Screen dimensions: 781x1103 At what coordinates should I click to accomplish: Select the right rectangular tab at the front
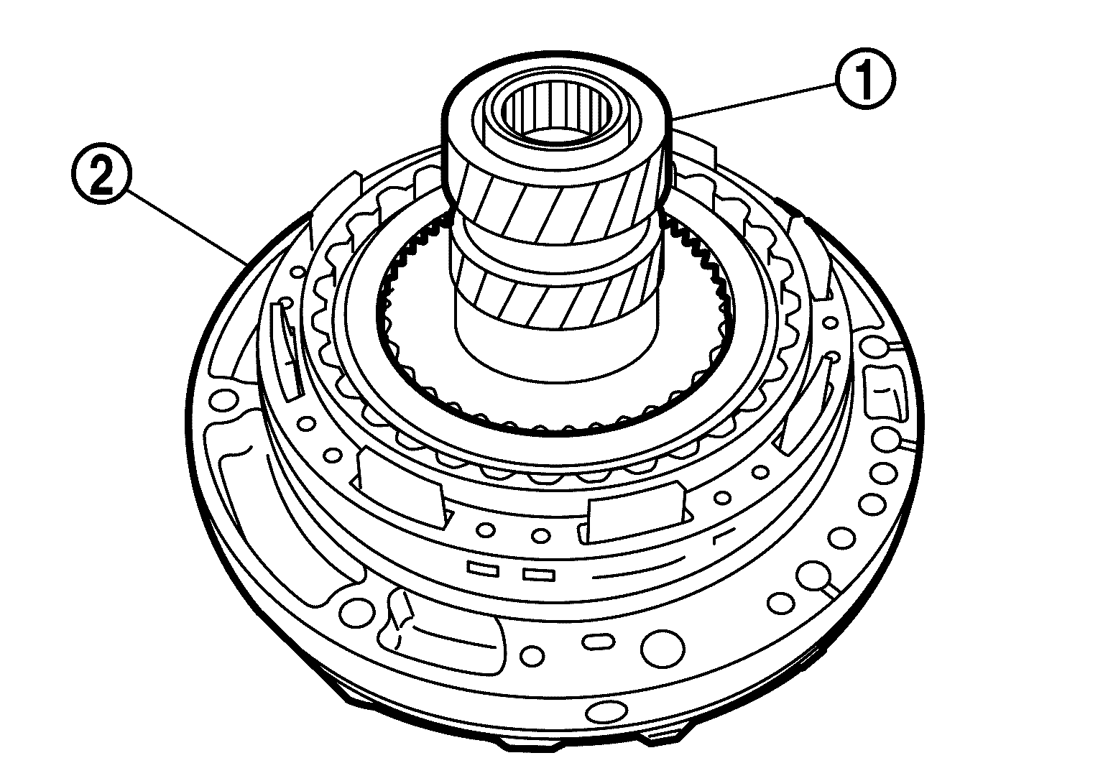coord(632,509)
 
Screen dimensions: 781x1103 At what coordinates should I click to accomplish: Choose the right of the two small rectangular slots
coord(537,574)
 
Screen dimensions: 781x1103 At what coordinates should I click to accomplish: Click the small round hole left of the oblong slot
coord(533,655)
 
